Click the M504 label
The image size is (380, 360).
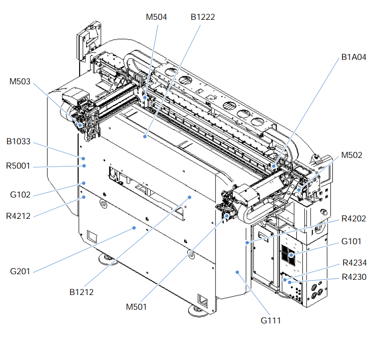[x=156, y=17]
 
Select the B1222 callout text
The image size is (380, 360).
[x=203, y=17]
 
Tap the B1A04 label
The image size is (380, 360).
[x=354, y=57]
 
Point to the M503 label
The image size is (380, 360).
[x=20, y=81]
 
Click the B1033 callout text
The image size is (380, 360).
[x=19, y=142]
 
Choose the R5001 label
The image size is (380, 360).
[x=19, y=166]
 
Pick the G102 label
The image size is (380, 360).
[x=20, y=194]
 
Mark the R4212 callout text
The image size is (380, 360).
[x=19, y=215]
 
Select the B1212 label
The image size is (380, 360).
[x=81, y=292]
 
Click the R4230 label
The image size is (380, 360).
[x=354, y=277]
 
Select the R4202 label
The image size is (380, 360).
[x=354, y=218]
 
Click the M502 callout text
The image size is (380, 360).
[x=352, y=155]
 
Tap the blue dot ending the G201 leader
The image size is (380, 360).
[x=134, y=228]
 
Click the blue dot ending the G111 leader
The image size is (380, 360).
[x=237, y=273]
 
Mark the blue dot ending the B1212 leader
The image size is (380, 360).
[x=190, y=197]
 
